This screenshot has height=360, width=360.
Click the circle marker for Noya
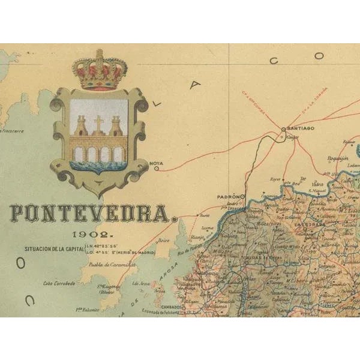[x=156, y=169]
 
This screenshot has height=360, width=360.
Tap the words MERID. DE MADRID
[x=137, y=253]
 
